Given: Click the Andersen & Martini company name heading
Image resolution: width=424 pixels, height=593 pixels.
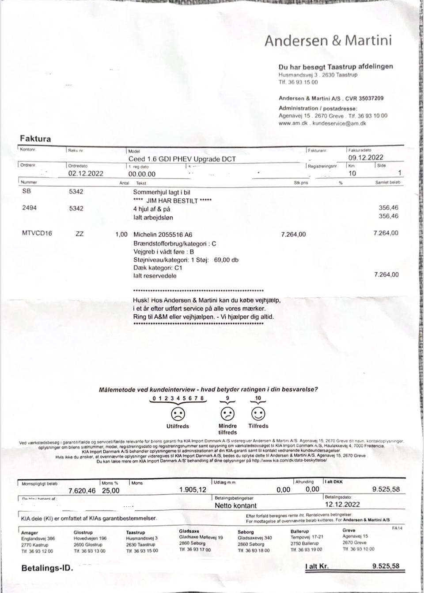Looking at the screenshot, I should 328,41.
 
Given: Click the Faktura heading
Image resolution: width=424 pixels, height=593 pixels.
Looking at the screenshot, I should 35,139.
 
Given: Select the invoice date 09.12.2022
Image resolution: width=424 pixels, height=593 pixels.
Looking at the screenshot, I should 366,158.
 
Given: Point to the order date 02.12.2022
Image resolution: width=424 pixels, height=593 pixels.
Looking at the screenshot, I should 86,173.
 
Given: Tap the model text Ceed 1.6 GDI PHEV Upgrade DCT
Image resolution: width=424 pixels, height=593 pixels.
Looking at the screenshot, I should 182,159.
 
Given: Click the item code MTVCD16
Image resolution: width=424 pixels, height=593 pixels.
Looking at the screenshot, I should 37,234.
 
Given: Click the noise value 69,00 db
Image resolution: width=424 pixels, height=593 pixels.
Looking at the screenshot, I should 226,260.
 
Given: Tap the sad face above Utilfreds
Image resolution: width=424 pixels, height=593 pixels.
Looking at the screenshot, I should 178,414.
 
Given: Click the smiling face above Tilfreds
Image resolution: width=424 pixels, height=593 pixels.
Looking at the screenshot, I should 258,414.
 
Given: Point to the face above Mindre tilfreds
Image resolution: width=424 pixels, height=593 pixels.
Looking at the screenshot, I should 227,414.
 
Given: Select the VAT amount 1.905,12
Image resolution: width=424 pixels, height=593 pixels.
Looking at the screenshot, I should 193,490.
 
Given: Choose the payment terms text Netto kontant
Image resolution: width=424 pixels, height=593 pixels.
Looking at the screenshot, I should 235,505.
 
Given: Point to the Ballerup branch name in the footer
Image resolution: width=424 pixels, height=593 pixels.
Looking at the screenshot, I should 299,531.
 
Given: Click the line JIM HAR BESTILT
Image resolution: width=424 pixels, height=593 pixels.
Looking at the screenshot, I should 172,200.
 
